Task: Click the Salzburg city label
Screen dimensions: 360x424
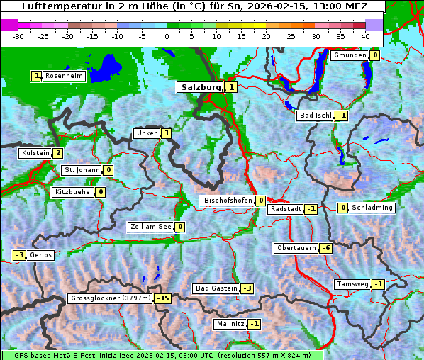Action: pyautogui.click(x=201, y=87)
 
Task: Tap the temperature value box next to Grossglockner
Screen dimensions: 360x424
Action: pyautogui.click(x=163, y=298)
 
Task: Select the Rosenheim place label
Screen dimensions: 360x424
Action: pyautogui.click(x=64, y=76)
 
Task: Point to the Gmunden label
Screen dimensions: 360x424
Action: pyautogui.click(x=350, y=55)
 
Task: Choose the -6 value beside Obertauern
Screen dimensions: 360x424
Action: pyautogui.click(x=325, y=248)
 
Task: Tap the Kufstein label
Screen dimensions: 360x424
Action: pyautogui.click(x=35, y=153)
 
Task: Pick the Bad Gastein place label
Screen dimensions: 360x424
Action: pyautogui.click(x=216, y=288)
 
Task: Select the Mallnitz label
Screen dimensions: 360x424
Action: pyautogui.click(x=230, y=324)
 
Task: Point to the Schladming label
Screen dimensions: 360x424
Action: pyautogui.click(x=372, y=208)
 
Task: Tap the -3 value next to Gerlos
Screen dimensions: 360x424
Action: pyautogui.click(x=19, y=255)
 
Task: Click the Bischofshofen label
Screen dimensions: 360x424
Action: pyautogui.click(x=228, y=201)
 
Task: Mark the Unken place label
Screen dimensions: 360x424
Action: pyautogui.click(x=147, y=133)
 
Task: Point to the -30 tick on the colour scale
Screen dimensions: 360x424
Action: pyautogui.click(x=18, y=35)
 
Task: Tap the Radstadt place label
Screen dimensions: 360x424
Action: pyautogui.click(x=285, y=209)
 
